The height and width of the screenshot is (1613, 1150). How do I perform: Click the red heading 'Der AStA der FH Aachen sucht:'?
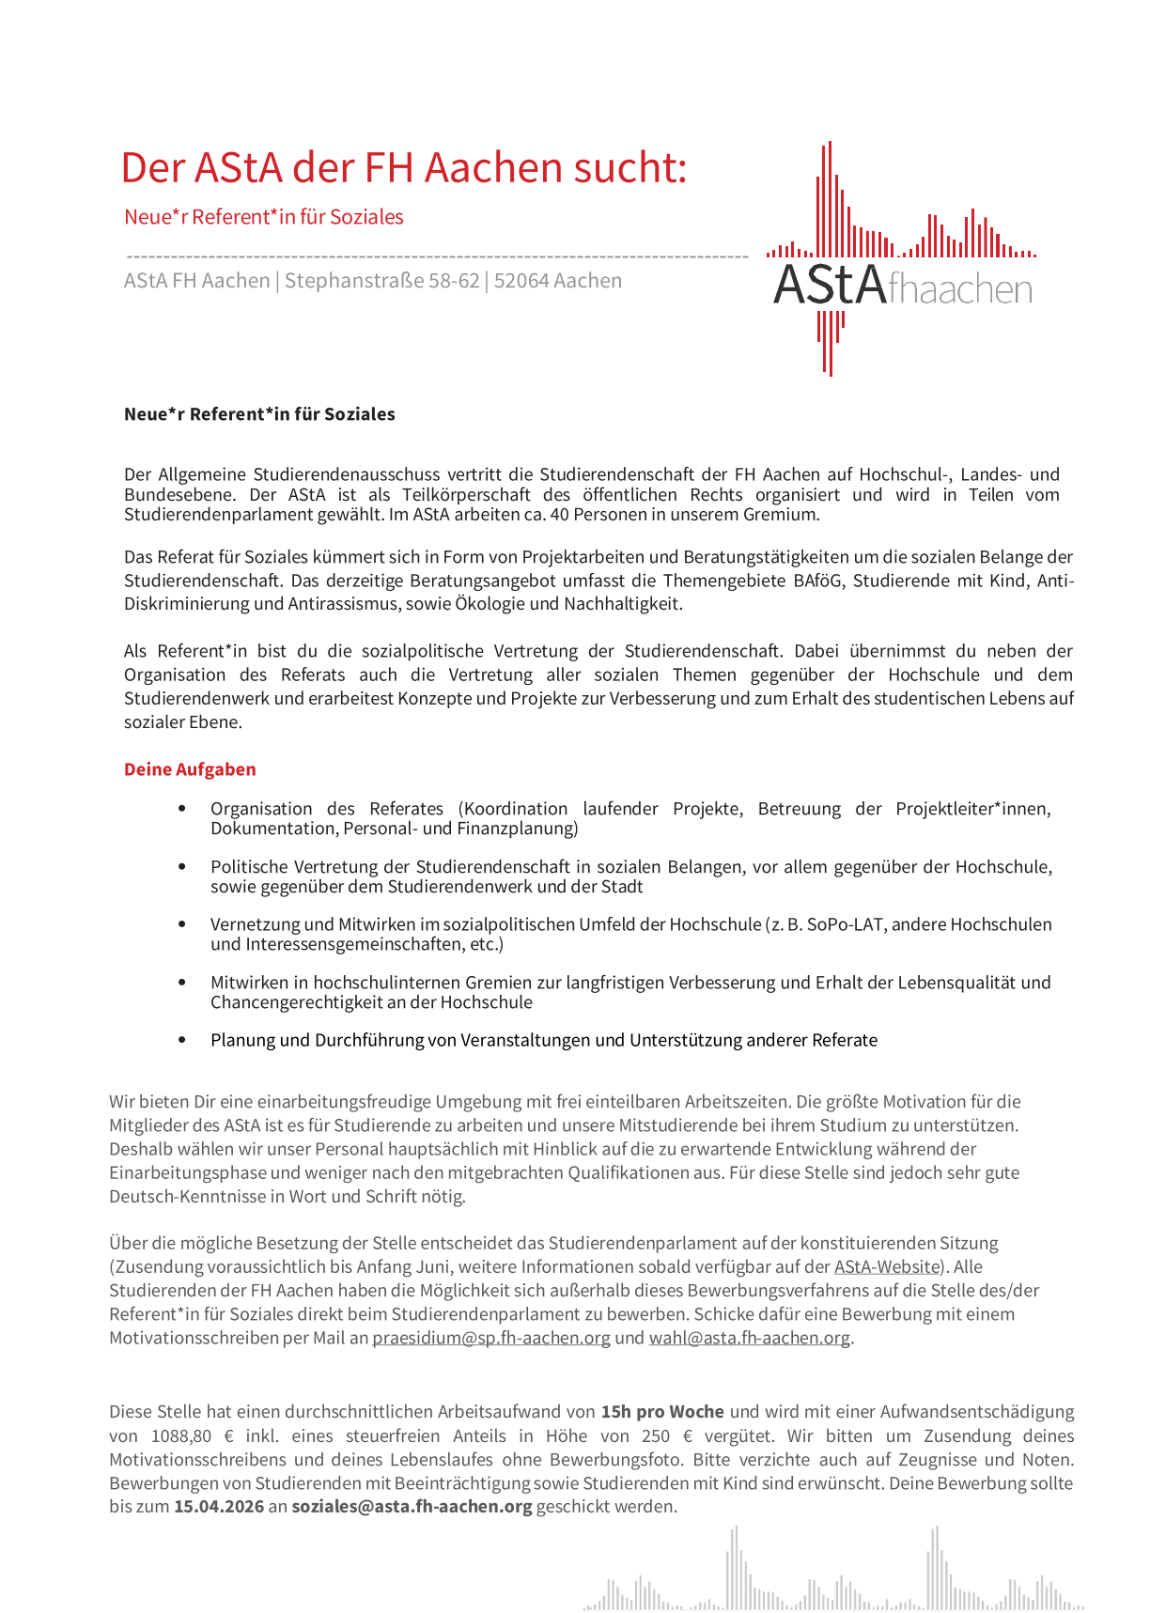[404, 168]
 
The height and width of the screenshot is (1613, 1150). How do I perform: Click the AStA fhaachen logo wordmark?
[902, 286]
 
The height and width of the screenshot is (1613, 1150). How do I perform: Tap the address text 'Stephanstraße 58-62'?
[381, 281]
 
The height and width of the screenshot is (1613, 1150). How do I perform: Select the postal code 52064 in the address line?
[521, 281]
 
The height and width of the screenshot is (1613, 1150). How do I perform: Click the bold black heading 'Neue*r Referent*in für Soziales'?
[259, 414]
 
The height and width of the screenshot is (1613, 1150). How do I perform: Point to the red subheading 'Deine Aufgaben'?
[190, 769]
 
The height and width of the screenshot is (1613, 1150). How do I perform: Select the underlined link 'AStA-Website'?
[886, 1266]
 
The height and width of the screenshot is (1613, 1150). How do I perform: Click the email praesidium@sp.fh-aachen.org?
[490, 1338]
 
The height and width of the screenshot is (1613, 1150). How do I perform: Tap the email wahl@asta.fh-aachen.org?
[749, 1338]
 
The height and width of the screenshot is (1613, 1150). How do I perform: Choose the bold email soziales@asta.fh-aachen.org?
[412, 1506]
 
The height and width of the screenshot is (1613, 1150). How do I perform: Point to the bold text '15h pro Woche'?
[662, 1411]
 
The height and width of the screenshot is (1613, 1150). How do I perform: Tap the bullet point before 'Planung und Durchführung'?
[182, 1040]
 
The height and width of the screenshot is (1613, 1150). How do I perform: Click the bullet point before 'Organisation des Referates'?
[182, 809]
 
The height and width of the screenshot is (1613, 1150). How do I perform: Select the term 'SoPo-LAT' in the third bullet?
[843, 924]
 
